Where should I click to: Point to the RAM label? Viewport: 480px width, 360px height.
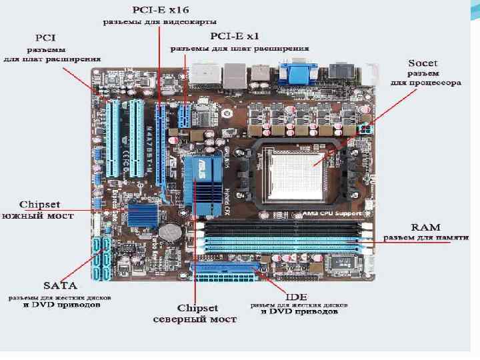pos(425,227)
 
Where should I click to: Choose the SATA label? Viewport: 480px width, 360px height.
pos(58,284)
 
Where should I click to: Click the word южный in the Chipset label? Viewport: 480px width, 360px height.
pos(22,215)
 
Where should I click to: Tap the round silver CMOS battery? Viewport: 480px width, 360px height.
pos(174,231)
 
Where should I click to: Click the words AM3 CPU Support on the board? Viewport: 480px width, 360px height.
pos(334,213)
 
